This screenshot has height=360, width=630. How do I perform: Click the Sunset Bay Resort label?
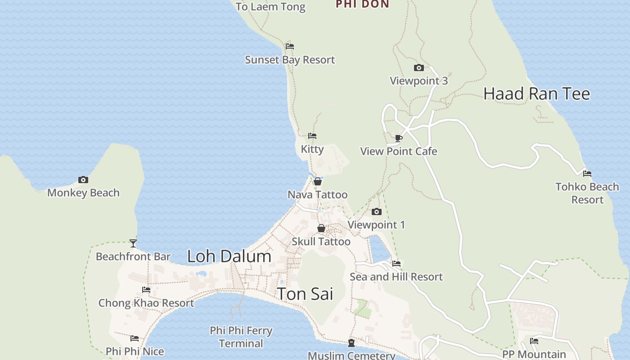(x=290, y=60)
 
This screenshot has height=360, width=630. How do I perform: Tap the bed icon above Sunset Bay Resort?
(x=290, y=46)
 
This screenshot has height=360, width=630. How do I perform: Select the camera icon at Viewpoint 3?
(x=418, y=68)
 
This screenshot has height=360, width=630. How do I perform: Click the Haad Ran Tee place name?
(x=536, y=94)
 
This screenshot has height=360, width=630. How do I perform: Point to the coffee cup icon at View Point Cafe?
(x=398, y=138)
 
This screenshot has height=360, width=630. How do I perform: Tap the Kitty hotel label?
(x=312, y=149)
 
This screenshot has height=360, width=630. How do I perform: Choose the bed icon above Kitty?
(x=312, y=135)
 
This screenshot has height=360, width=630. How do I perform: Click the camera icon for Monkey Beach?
(x=83, y=180)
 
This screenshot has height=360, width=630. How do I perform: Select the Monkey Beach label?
(x=83, y=193)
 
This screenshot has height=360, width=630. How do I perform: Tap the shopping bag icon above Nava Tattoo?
(x=318, y=181)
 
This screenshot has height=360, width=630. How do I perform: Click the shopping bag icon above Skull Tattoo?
(x=321, y=228)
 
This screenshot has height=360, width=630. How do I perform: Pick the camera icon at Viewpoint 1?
(x=377, y=211)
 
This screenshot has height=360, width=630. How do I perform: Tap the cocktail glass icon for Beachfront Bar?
(x=133, y=243)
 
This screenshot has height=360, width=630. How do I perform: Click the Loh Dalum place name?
(x=229, y=256)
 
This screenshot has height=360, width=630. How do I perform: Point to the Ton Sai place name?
(x=305, y=294)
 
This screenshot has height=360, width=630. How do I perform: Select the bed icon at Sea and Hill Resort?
(x=396, y=263)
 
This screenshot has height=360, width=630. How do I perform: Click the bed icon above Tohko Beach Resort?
(x=587, y=173)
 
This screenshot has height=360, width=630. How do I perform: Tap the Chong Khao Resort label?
(x=146, y=303)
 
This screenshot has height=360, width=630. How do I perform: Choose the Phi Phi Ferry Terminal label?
(x=241, y=337)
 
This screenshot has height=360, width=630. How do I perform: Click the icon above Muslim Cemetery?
(x=351, y=343)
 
